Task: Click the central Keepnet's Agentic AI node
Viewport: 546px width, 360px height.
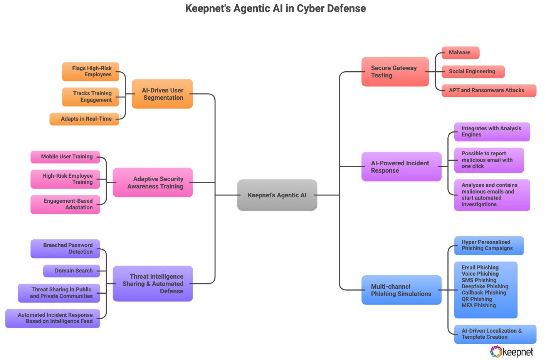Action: coord(277,195)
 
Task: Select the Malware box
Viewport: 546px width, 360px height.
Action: coord(460,53)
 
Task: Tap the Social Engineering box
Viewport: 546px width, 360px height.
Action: coord(472,72)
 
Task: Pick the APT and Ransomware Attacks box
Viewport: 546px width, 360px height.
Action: coord(488,91)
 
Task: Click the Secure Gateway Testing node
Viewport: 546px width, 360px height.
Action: coord(395,72)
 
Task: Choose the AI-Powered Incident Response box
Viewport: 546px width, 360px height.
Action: coord(401,167)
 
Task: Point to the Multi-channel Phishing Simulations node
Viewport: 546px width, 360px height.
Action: coord(401,290)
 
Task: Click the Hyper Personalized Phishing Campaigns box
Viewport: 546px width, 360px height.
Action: coord(488,246)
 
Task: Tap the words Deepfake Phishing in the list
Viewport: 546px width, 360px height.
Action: coord(485,286)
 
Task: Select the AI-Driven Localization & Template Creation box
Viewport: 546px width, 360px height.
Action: coord(494,334)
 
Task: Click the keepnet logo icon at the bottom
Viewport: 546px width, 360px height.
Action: coord(496,352)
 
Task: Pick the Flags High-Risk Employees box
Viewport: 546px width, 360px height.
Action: coord(91,72)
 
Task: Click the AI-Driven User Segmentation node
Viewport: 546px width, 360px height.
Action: coord(162,94)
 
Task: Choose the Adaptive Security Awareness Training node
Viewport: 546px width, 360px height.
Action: coord(153,183)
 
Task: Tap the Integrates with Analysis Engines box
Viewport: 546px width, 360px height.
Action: coord(491,132)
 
